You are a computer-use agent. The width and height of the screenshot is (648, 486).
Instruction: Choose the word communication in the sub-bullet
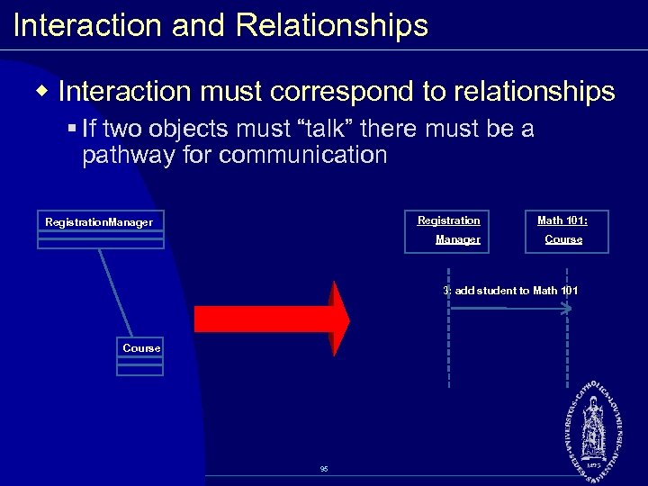[x=302, y=155]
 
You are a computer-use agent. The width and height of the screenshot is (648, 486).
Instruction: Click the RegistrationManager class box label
[x=99, y=221]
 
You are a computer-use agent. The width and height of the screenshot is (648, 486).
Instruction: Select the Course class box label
[x=141, y=348]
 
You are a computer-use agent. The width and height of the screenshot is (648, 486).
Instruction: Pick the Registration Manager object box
[x=446, y=230]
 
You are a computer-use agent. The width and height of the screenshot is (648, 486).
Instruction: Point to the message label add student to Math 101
[x=510, y=290]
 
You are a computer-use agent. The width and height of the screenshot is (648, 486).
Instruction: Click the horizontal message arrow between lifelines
[x=508, y=309]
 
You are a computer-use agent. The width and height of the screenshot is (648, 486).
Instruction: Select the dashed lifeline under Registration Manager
[x=448, y=351]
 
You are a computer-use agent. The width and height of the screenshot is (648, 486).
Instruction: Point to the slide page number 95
[x=324, y=469]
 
